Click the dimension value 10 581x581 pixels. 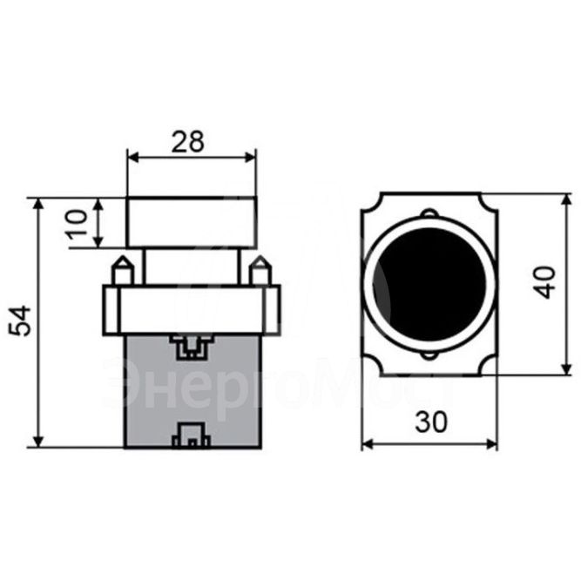[x=78, y=222]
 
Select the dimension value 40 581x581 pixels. [x=545, y=283]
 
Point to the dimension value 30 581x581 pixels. [x=429, y=422]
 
